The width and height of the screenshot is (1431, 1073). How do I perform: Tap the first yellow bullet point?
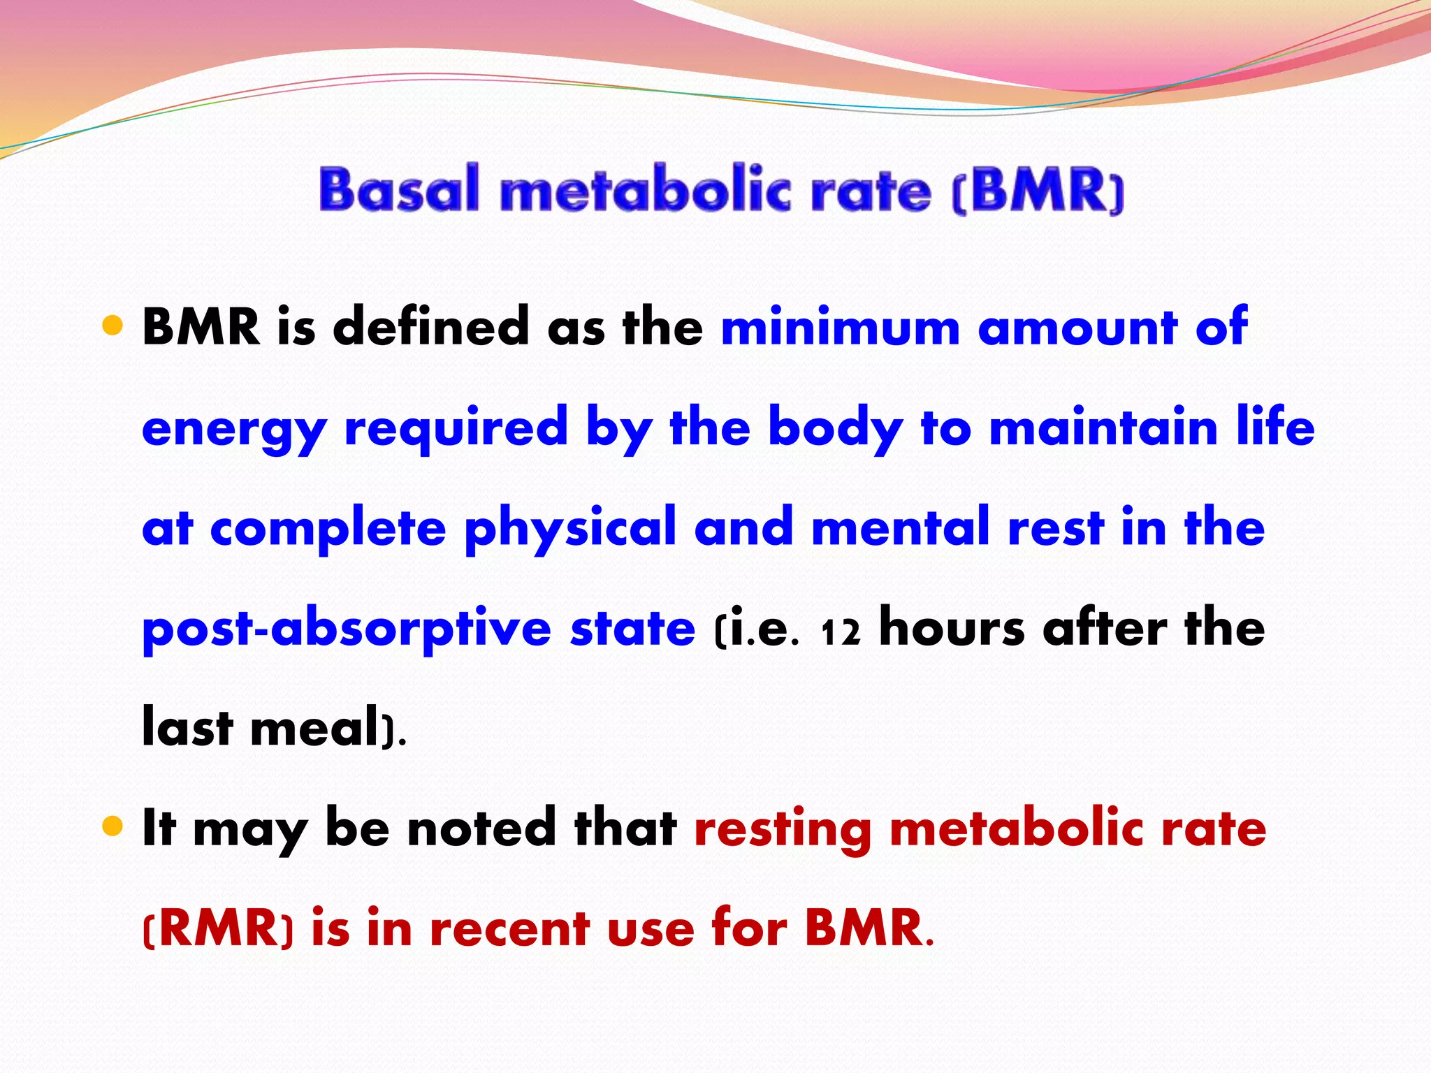coord(112,326)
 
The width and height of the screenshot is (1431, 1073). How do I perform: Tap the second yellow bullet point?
coord(112,827)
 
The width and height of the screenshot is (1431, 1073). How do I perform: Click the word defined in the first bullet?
coord(431,327)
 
